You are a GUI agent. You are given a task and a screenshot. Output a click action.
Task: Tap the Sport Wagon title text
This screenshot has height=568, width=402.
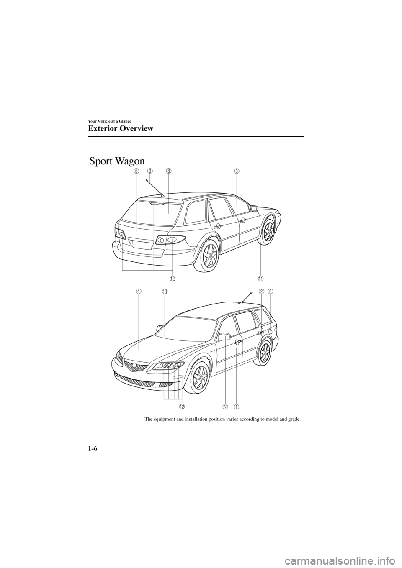coord(117,161)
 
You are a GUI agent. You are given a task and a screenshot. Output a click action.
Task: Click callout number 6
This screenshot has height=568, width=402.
coord(137,171)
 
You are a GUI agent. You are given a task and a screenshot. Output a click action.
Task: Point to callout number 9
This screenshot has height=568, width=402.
coord(149,171)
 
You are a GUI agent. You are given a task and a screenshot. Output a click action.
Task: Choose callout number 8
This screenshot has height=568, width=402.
coord(168,171)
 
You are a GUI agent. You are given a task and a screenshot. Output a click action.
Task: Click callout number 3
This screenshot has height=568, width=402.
coord(237,171)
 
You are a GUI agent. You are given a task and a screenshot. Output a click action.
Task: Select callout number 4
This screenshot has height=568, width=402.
coord(138,291)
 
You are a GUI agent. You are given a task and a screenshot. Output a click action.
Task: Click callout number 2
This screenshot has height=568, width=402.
coord(261,291)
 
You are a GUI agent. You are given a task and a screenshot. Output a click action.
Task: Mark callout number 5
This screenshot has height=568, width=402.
coord(271,291)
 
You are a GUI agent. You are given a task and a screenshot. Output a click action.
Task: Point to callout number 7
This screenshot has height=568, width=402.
coord(225,406)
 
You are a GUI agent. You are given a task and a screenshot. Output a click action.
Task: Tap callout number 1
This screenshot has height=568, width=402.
coord(236,406)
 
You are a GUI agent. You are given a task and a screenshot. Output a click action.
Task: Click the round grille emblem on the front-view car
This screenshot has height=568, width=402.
coord(134,366)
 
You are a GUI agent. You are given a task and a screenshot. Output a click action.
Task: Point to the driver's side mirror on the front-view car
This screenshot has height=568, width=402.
coord(224,336)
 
